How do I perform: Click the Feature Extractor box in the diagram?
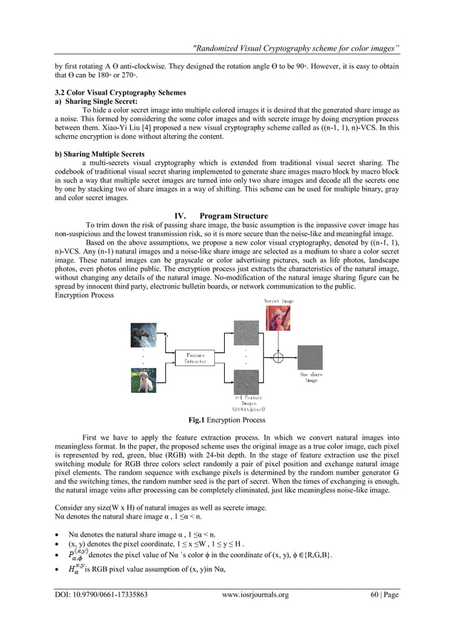click(x=196, y=358)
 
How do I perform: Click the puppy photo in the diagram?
click(x=143, y=379)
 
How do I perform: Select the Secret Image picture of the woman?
click(x=278, y=318)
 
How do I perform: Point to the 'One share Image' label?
click(x=311, y=377)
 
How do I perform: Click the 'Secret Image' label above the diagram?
click(x=279, y=301)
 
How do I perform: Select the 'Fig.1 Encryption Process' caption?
click(x=226, y=420)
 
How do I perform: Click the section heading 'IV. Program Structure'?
click(x=226, y=216)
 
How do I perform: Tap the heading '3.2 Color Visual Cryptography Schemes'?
click(x=120, y=93)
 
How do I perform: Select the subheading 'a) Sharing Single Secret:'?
click(x=96, y=102)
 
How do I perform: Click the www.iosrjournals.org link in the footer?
click(x=255, y=594)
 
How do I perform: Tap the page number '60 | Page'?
click(x=384, y=594)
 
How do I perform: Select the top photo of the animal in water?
click(x=143, y=335)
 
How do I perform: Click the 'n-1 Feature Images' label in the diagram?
click(x=248, y=402)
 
